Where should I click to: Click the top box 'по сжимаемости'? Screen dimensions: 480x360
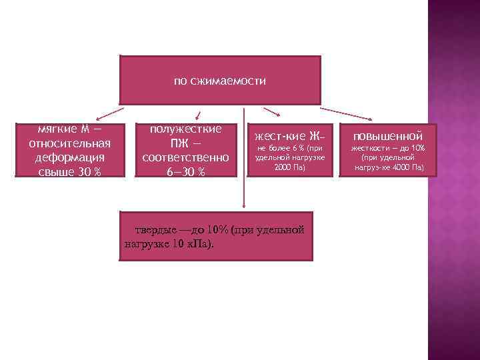220,80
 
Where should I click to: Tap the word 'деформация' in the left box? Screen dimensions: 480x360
70,157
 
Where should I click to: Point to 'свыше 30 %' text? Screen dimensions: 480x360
70,172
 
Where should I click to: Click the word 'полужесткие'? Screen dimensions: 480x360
185,129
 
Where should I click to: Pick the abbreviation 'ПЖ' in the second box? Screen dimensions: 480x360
177,143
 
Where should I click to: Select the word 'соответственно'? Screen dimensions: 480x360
185,158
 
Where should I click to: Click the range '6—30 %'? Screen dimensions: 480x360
185,173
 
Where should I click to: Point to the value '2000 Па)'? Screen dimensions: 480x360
289,167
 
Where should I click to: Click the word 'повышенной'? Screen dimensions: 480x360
387,136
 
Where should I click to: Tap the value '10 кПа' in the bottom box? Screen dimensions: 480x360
191,243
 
